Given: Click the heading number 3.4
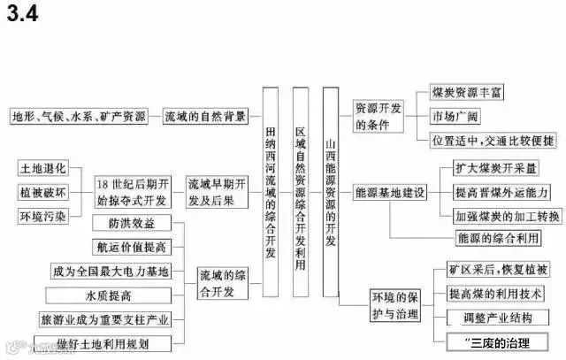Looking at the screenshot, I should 25,15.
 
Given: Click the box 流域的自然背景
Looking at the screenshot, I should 205,115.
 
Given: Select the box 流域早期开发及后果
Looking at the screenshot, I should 217,192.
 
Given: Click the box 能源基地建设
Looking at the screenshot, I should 389,192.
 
